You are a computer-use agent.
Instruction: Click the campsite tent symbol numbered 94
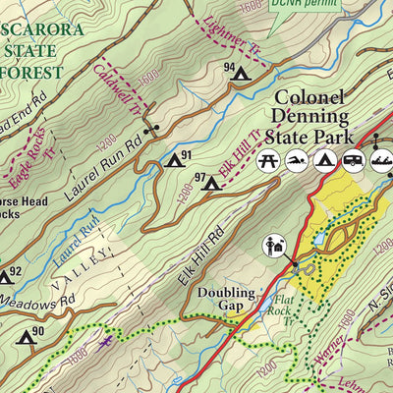click(240, 72)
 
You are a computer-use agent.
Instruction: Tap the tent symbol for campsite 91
click(174, 159)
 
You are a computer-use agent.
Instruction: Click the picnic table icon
click(265, 160)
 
